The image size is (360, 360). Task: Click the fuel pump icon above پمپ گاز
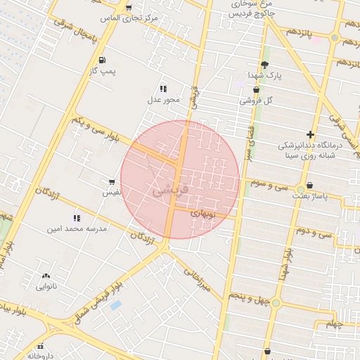click(103, 60)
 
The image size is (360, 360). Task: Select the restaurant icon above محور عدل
click(163, 89)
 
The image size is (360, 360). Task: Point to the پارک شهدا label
click(263, 75)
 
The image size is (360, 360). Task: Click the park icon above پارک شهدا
click(264, 64)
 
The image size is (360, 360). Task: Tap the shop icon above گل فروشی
click(255, 90)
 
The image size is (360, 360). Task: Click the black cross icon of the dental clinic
click(310, 134)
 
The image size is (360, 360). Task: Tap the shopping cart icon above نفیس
click(112, 181)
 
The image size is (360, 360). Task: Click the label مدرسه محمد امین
click(76, 229)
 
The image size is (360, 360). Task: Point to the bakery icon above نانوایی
click(46, 276)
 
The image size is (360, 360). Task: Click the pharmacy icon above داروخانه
click(41, 346)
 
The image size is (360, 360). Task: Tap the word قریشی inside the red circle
click(170, 190)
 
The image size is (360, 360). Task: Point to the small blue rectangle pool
click(115, 306)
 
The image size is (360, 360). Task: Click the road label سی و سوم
click(270, 185)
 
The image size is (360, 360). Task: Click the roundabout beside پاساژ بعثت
click(300, 189)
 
